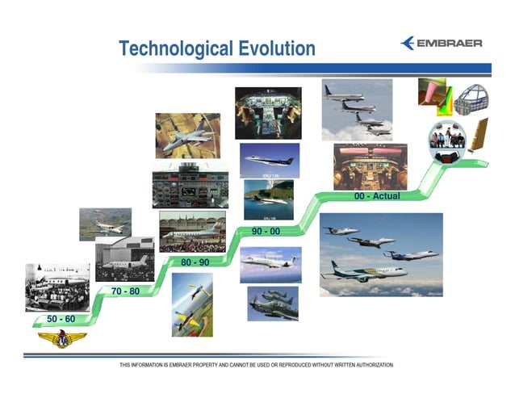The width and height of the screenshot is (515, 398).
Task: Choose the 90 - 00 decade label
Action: [x=266, y=233]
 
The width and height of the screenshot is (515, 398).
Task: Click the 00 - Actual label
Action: [x=377, y=196]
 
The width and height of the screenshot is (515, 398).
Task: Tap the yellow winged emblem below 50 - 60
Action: [x=62, y=341]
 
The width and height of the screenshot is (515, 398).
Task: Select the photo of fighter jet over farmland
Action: [x=187, y=135]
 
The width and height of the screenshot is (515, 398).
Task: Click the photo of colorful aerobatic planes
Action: [x=193, y=304]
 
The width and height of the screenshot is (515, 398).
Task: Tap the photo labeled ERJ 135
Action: [x=270, y=160]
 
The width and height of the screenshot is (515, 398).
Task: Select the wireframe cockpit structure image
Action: [x=472, y=99]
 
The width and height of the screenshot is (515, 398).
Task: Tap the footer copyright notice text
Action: [x=257, y=365]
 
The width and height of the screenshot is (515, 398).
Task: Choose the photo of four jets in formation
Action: [x=357, y=109]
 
